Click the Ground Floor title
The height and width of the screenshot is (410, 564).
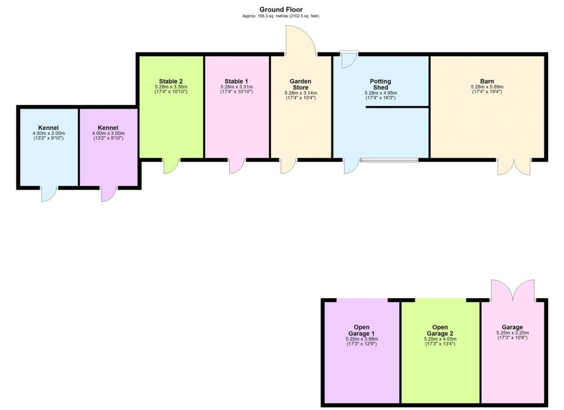click(281, 9)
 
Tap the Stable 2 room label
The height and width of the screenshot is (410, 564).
click(171, 81)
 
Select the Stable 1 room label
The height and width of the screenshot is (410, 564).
click(236, 81)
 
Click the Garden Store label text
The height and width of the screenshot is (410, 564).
click(301, 84)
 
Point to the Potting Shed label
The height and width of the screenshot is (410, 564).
click(381, 84)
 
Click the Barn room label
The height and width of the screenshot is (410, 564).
click(487, 81)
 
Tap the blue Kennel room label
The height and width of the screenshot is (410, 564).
click(48, 128)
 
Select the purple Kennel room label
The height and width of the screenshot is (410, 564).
click(108, 128)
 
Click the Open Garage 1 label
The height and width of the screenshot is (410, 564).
click(361, 330)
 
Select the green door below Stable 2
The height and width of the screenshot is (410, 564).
click(171, 166)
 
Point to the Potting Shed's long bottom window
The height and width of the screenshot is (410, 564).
click(389, 160)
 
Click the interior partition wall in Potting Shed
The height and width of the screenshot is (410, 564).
click(397, 106)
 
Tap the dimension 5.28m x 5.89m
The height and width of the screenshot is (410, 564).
click(487, 87)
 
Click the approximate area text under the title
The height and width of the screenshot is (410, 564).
click(281, 16)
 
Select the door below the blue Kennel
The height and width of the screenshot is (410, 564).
click(50, 194)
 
